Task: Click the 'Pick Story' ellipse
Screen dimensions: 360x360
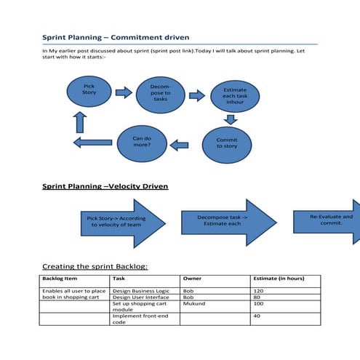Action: point(89,92)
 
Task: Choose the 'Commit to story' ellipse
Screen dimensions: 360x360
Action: point(226,143)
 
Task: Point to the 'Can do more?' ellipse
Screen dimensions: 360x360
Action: point(141,141)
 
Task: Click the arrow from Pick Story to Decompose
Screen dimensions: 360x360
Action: point(124,92)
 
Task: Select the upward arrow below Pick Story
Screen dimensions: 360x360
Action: point(80,121)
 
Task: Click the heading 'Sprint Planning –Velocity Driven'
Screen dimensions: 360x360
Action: point(105,187)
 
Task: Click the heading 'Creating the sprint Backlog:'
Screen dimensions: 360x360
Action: point(95,266)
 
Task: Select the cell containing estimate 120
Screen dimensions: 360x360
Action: point(285,290)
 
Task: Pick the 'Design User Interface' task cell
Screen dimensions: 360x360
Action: point(145,297)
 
